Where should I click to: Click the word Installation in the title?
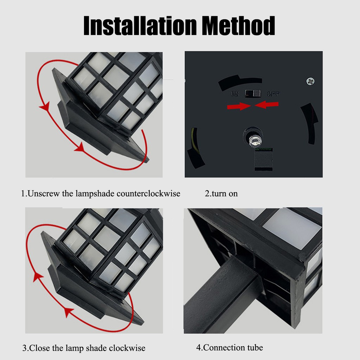[140, 25]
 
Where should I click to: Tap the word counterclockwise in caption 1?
[148, 194]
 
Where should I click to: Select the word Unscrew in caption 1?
[44, 194]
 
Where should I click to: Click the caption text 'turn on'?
[225, 194]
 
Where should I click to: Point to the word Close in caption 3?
[39, 348]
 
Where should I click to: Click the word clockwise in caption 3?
[127, 348]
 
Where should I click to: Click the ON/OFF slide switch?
[253, 94]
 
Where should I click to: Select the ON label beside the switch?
[235, 94]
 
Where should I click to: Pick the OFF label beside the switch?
[274, 94]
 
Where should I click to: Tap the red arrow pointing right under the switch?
[239, 106]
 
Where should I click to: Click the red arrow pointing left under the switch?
[266, 105]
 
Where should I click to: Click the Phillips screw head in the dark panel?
[310, 81]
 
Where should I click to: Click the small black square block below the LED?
[264, 160]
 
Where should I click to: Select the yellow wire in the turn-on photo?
[194, 140]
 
